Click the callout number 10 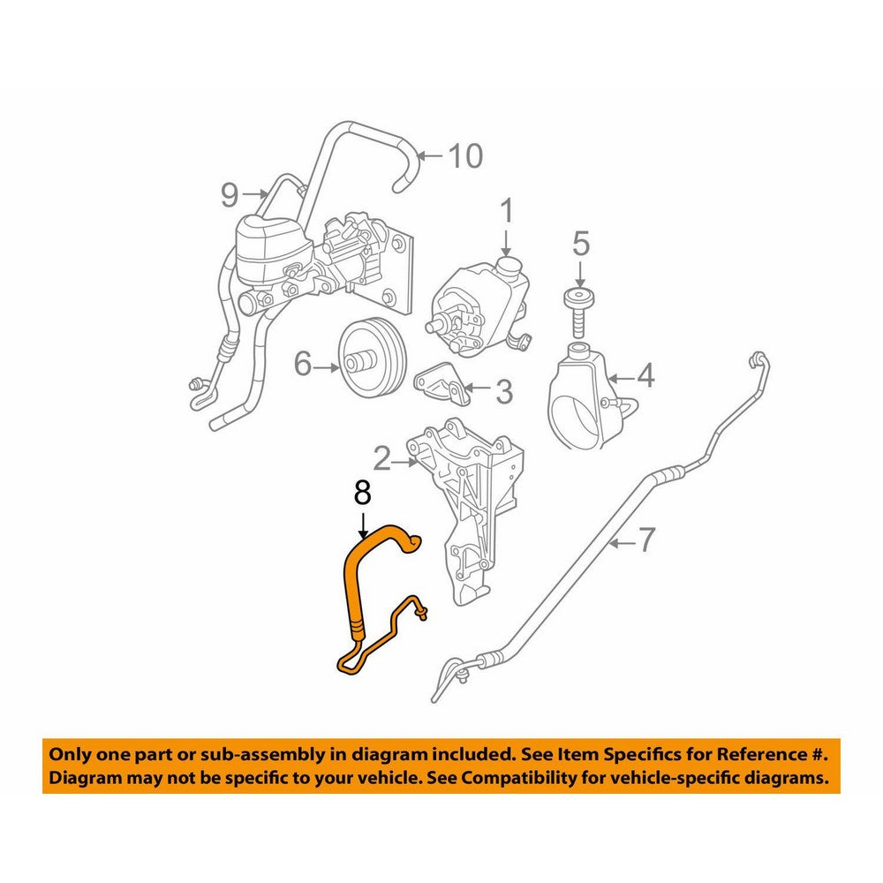[465, 155]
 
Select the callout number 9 [230, 195]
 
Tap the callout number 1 [507, 211]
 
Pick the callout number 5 [581, 244]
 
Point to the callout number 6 [303, 365]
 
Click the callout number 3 [504, 391]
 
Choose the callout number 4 [645, 375]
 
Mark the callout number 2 [382, 459]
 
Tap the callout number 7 [646, 540]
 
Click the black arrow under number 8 [363, 525]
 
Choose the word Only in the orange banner [70, 754]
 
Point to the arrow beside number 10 [431, 155]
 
